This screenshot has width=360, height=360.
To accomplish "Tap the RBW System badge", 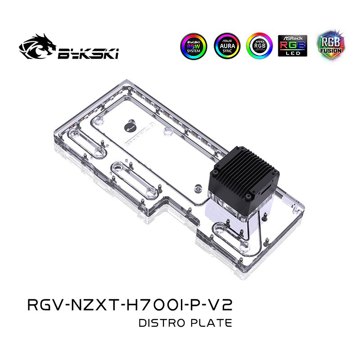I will tap(194, 45).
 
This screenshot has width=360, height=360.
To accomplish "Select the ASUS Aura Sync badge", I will tap(227, 45).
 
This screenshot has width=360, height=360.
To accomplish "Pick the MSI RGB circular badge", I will tap(259, 45).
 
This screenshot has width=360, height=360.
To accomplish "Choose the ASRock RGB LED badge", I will tap(292, 45).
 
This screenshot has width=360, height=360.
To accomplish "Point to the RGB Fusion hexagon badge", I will tap(330, 45).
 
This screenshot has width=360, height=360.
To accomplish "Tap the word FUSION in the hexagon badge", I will tap(330, 51).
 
